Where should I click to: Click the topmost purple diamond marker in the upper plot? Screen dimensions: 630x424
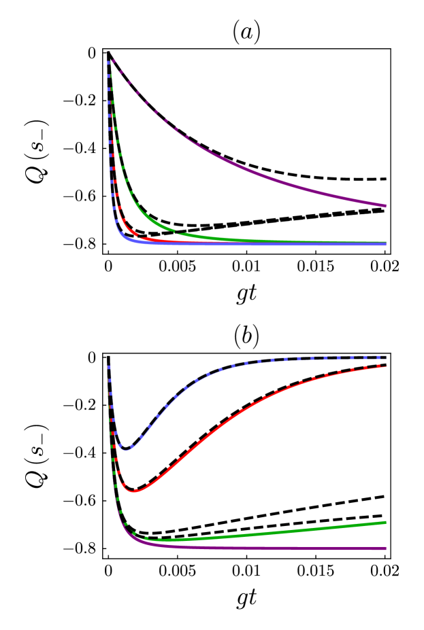pyautogui.click(x=114, y=61)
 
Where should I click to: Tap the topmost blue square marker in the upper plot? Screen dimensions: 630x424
pyautogui.click(x=109, y=63)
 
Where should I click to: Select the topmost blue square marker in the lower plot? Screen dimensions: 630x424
pyautogui.click(x=109, y=367)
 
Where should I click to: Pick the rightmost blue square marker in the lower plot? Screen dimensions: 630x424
pyautogui.click(x=378, y=357)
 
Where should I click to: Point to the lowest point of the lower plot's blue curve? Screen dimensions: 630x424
pyautogui.click(x=126, y=450)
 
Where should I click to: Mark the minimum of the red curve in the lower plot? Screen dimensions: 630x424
pyautogui.click(x=134, y=491)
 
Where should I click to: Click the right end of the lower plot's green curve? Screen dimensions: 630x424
pyautogui.click(x=385, y=522)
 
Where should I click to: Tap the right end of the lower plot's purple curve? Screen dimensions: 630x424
pyautogui.click(x=385, y=548)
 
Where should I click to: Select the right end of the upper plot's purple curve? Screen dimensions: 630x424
pyautogui.click(x=385, y=205)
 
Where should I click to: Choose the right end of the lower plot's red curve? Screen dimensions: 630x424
pyautogui.click(x=385, y=367)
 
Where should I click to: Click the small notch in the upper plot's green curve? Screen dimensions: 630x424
pyautogui.click(x=175, y=232)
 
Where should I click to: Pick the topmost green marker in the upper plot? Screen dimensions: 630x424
pyautogui.click(x=110, y=75)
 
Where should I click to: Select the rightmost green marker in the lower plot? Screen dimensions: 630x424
pyautogui.click(x=159, y=540)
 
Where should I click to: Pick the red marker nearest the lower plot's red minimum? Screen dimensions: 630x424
pyautogui.click(x=135, y=490)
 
